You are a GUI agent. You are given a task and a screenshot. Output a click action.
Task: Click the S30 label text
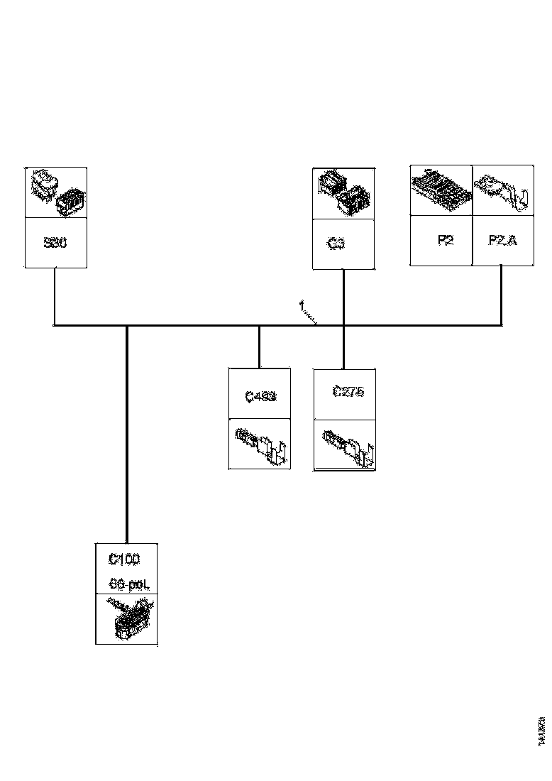pos(55,242)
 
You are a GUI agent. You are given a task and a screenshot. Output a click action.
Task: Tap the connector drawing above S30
pos(56,192)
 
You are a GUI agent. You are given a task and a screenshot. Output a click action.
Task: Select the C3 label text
pos(336,244)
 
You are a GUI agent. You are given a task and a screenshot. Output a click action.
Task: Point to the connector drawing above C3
pos(344,192)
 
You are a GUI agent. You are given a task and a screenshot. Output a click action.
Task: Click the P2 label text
pos(446,240)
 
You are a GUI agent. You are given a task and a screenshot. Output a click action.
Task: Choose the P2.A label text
pos(503,240)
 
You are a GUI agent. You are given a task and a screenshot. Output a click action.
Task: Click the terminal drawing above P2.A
pos(503,192)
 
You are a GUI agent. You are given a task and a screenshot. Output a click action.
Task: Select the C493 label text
pos(260,397)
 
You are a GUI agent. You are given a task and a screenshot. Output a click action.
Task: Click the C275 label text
pos(348,392)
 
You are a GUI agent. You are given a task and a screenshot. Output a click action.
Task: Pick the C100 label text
pos(124,559)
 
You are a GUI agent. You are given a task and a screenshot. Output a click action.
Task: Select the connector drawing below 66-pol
pos(128,619)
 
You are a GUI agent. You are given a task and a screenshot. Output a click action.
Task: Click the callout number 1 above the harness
pos(301,305)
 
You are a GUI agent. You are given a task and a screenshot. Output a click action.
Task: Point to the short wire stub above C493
pos(259,346)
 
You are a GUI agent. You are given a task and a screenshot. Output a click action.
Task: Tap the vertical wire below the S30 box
pos(55,296)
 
